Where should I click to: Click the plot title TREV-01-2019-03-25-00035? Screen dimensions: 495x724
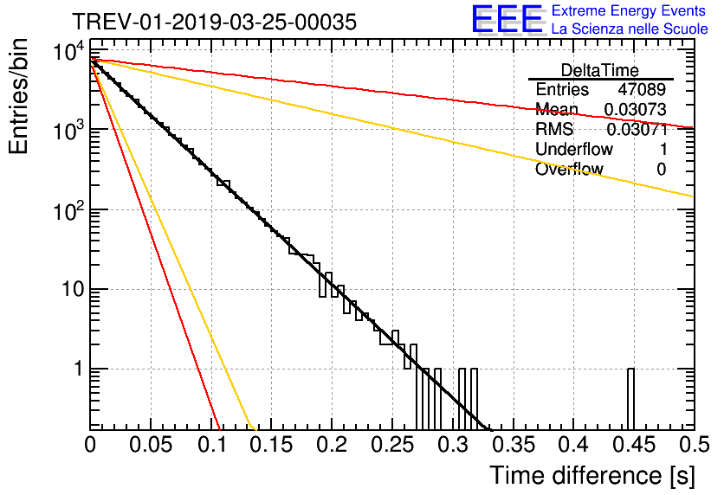coord(213,22)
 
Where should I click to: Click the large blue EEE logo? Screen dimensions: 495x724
coord(507,20)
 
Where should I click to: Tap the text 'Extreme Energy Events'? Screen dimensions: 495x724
coord(630,11)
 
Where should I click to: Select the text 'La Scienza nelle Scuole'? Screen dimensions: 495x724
coord(630,29)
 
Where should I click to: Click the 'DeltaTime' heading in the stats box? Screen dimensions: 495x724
coord(600,70)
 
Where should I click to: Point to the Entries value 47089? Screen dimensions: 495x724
coord(642,90)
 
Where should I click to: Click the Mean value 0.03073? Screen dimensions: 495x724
coord(635,110)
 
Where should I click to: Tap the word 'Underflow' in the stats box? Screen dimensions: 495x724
coord(573,150)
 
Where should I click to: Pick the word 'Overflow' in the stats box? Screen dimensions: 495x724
coord(569,170)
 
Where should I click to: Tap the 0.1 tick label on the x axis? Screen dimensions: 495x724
coord(211,445)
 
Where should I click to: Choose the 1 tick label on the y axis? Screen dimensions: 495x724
coord(78,370)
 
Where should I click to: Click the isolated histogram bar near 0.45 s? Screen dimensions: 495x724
coord(630,398)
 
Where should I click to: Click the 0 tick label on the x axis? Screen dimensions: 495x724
coord(91,445)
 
